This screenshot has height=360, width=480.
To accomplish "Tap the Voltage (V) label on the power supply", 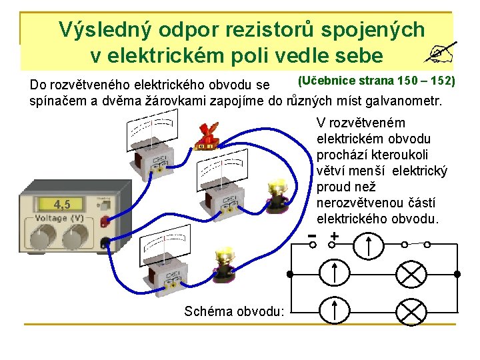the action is [x=60, y=218].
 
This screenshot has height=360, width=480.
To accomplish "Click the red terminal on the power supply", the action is [x=104, y=223].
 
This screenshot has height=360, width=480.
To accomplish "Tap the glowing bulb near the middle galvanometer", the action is [x=277, y=194].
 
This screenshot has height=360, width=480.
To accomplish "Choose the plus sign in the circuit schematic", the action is [x=333, y=237].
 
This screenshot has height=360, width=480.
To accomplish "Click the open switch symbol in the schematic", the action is [x=425, y=244].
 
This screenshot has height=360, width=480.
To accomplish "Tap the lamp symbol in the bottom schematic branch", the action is [x=411, y=311].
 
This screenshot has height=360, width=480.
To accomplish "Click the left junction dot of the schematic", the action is [x=289, y=274].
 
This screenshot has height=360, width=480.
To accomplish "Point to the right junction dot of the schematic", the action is [x=458, y=274].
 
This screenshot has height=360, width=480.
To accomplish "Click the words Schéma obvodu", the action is [x=233, y=311].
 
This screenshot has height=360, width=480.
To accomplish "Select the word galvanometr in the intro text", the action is [x=407, y=101].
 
